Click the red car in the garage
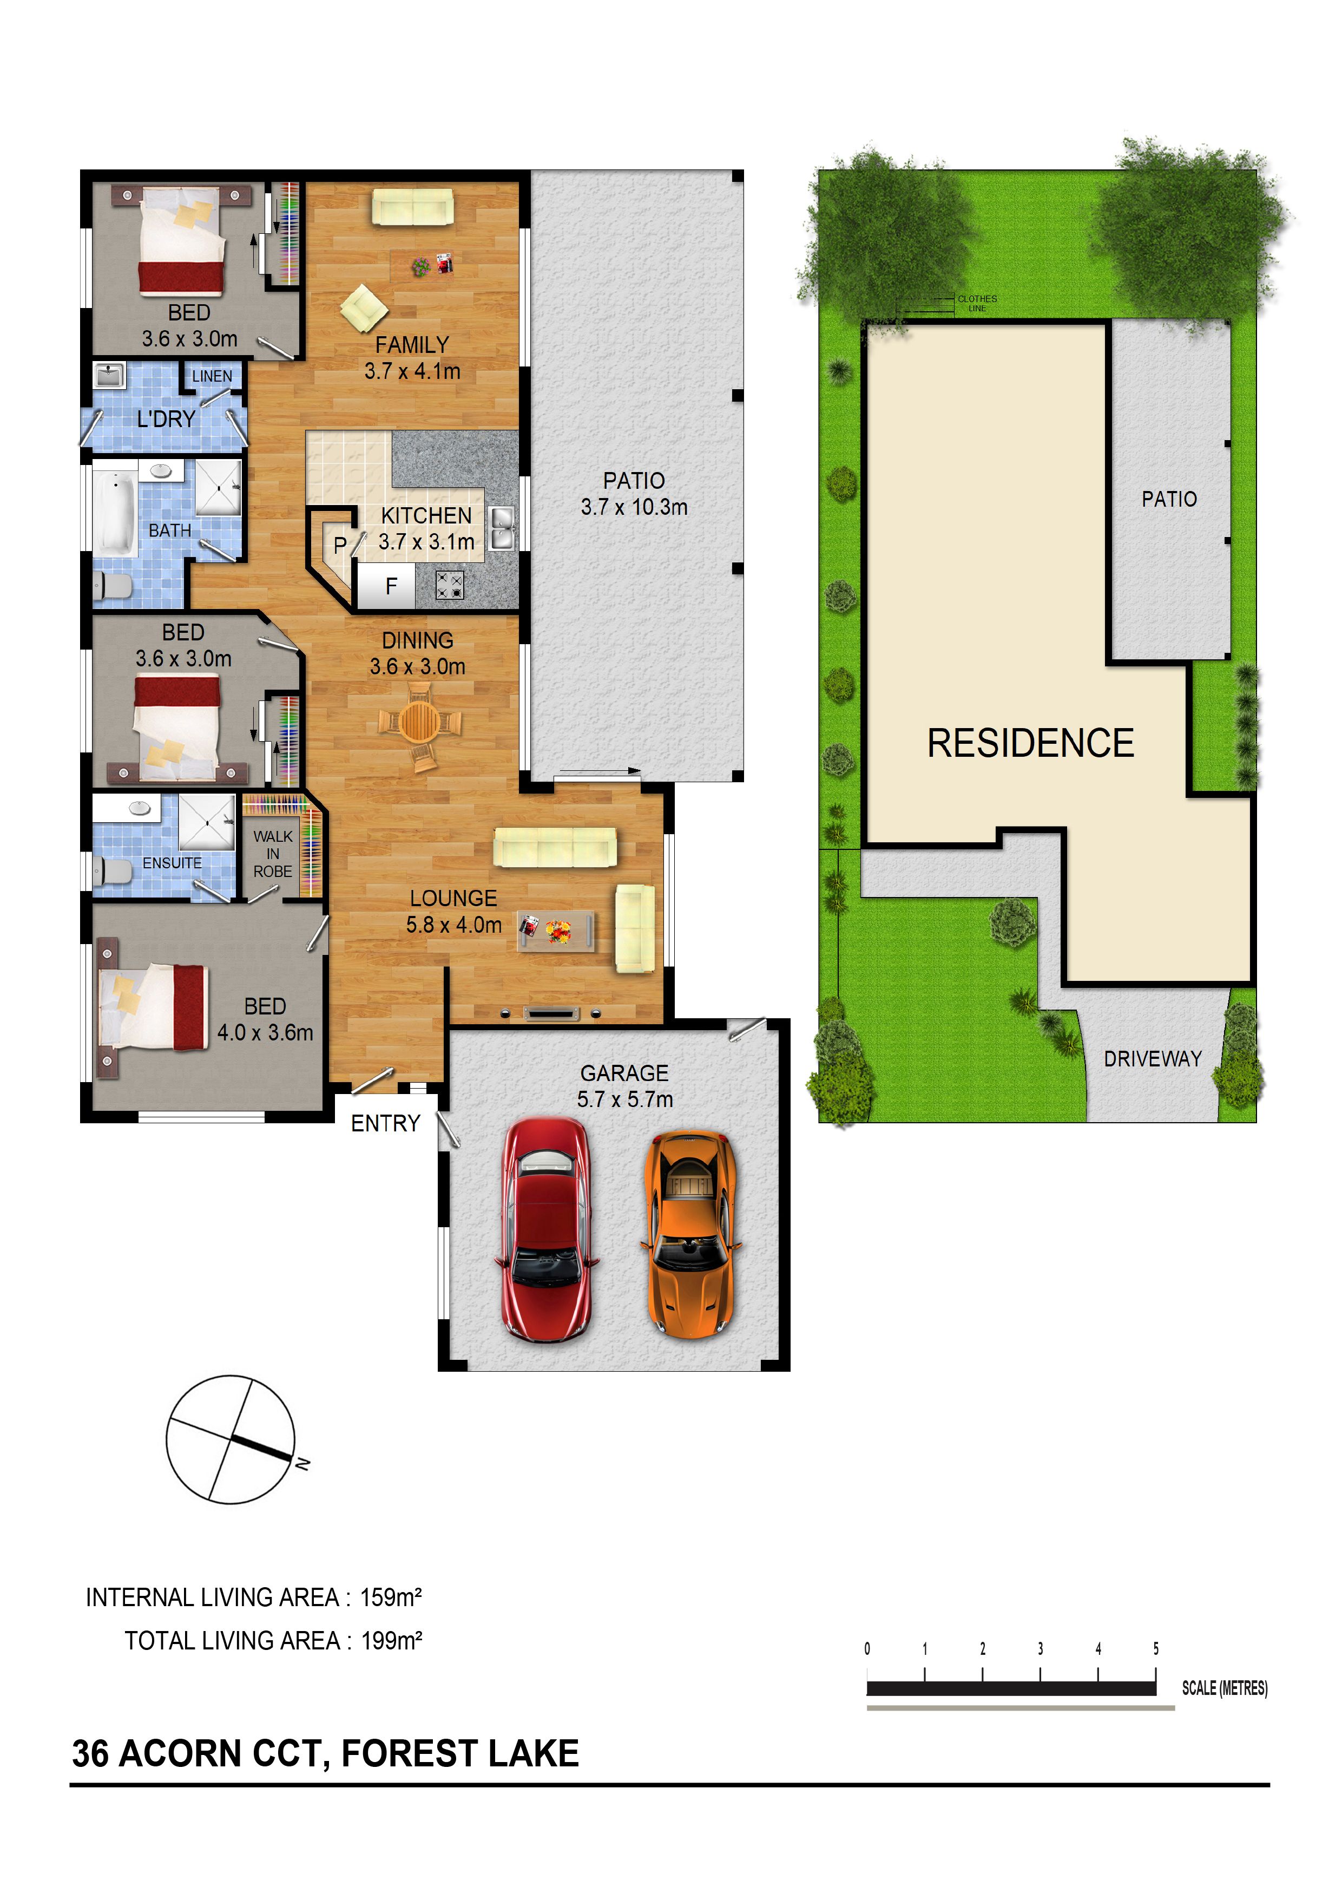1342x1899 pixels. (x=546, y=1230)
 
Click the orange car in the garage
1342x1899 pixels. (x=690, y=1235)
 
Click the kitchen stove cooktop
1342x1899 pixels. (x=450, y=586)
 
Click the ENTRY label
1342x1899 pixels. (x=385, y=1123)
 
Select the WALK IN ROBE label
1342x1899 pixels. (x=273, y=854)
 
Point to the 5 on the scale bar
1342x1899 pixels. (x=1156, y=1648)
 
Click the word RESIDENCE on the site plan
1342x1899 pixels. (x=1030, y=743)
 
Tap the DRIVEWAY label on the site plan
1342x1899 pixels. (x=1153, y=1059)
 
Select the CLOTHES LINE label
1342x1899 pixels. (x=977, y=303)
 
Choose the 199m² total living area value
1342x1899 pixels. (x=392, y=1641)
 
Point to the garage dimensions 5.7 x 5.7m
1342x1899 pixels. (x=625, y=1099)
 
